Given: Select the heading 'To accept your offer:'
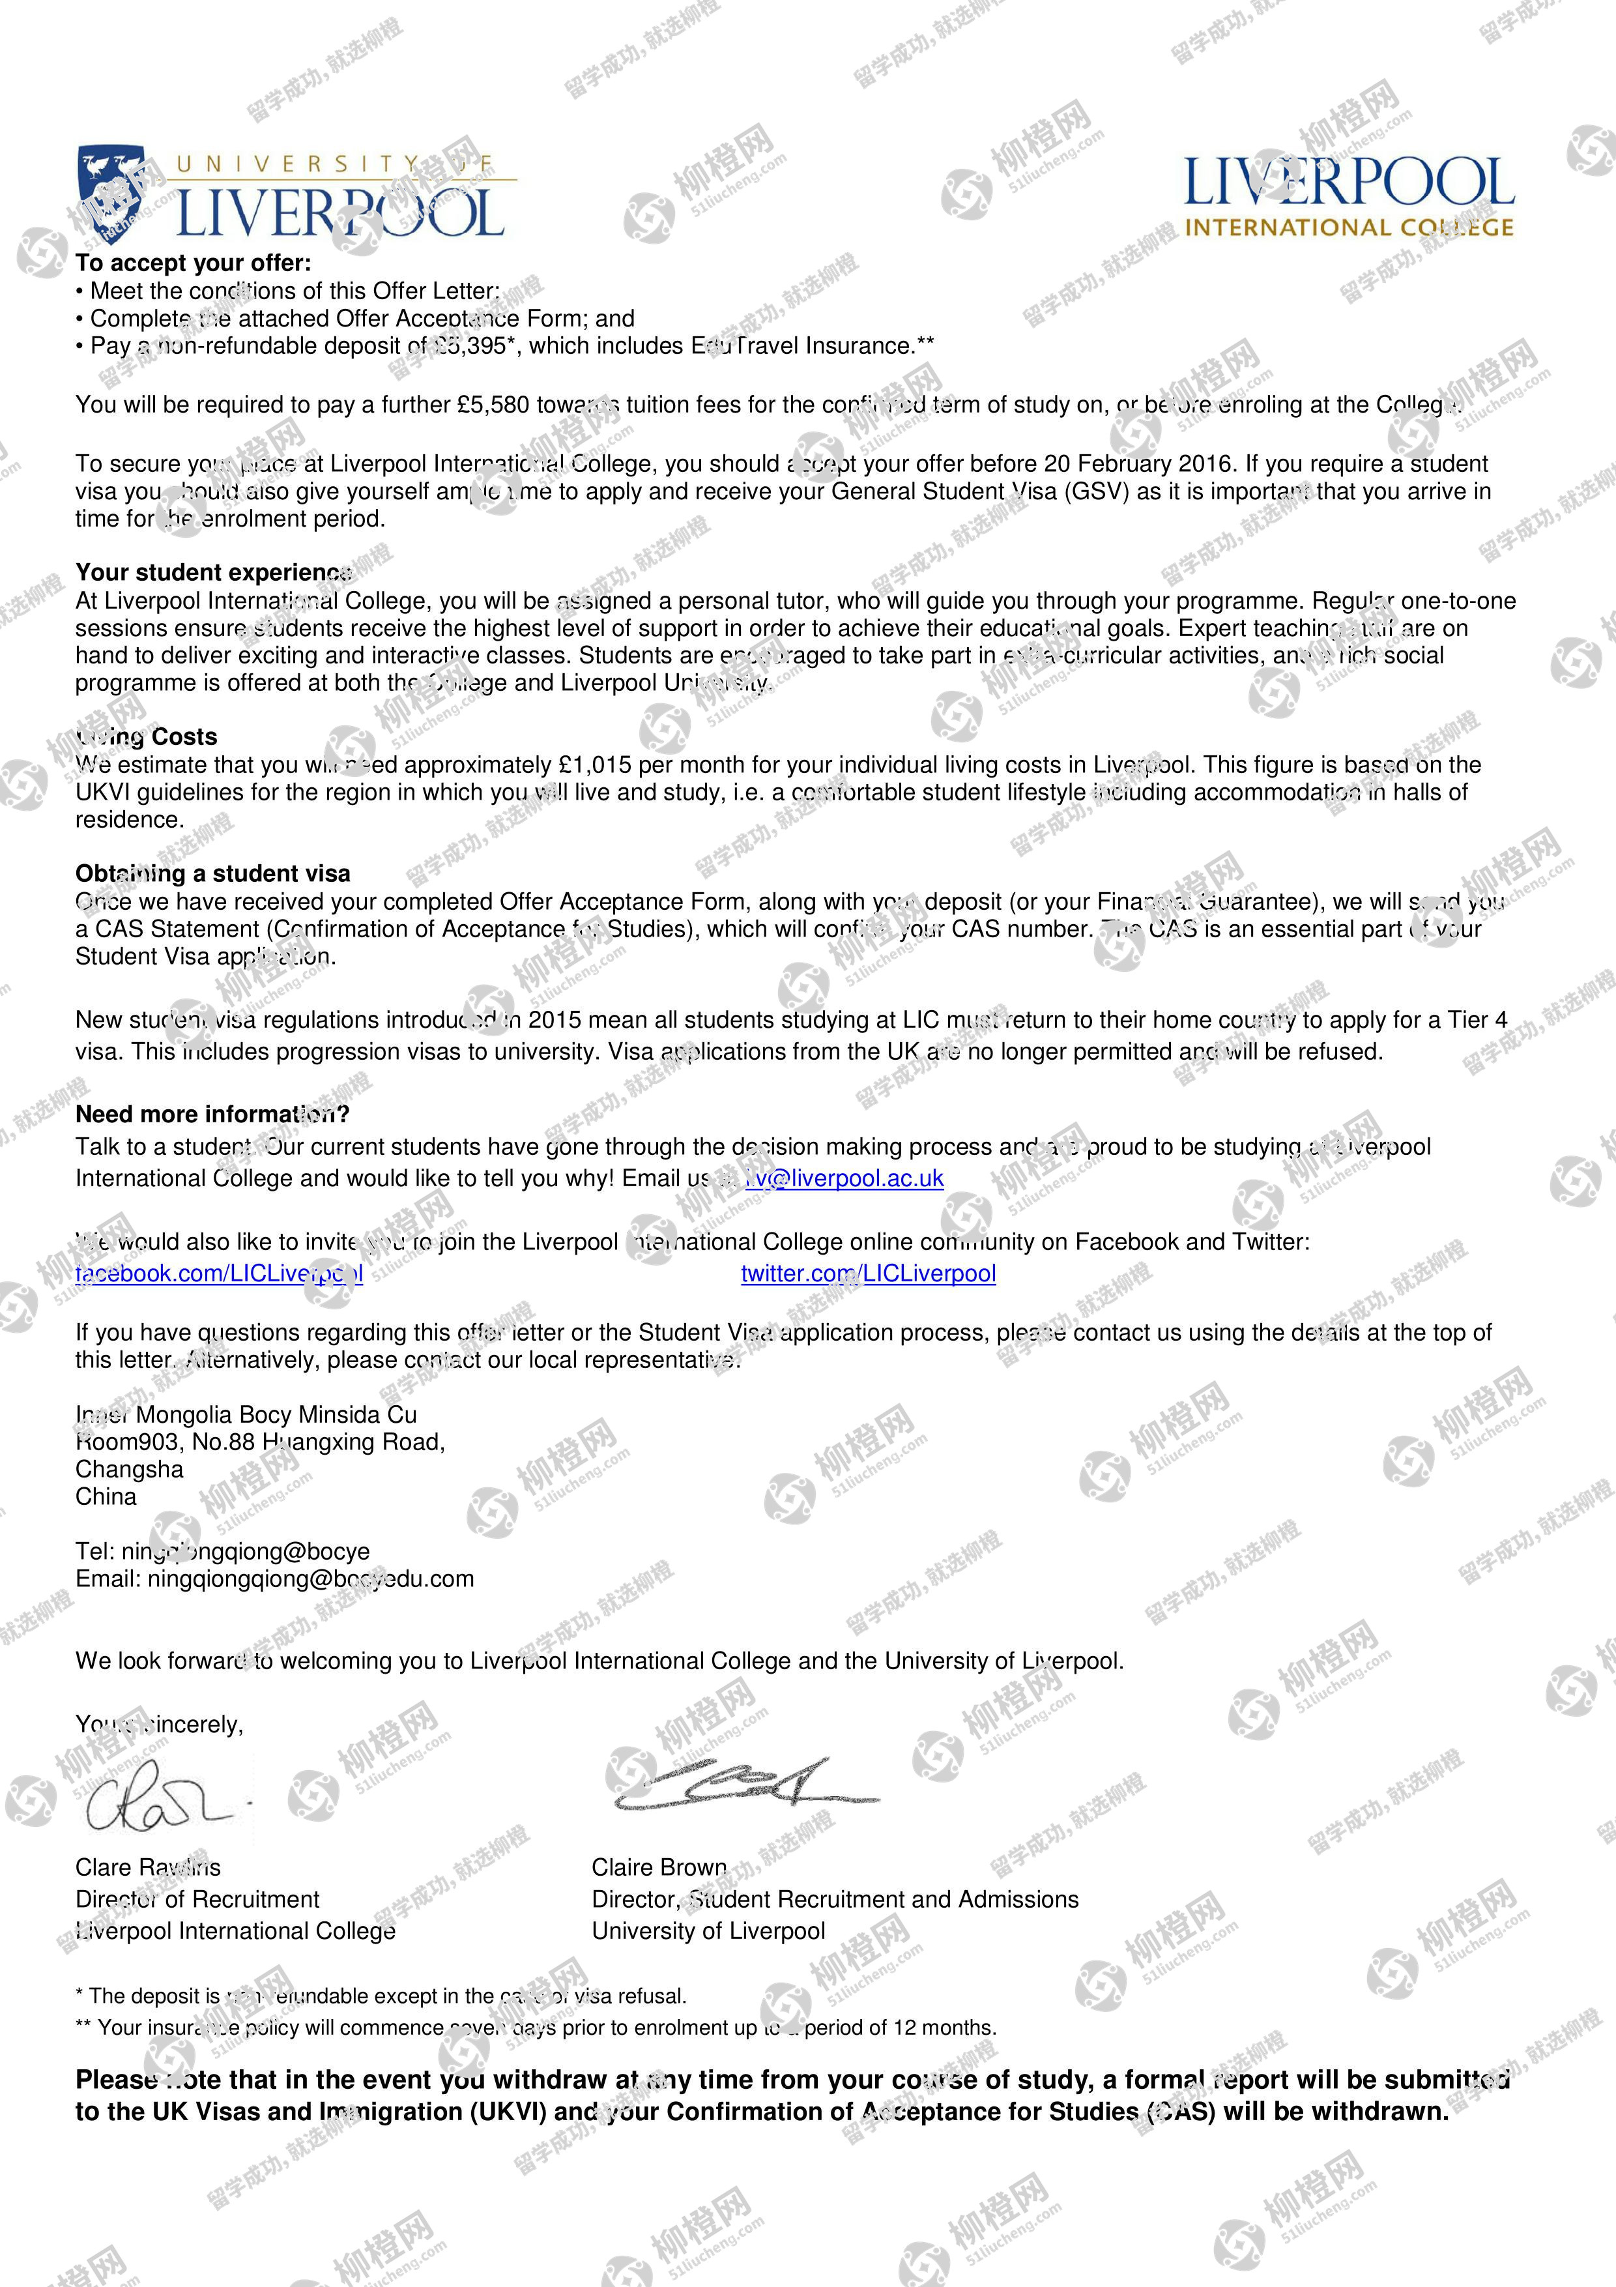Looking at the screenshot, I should pos(193,263).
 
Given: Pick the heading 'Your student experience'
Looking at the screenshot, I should pos(213,573).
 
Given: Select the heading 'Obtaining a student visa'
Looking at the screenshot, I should pos(213,873).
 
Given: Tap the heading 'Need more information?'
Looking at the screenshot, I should pos(212,1114).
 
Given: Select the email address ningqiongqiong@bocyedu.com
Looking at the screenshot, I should pos(311,1579).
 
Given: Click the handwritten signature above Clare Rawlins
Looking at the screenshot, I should pos(159,1803).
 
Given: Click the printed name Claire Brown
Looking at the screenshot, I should pos(659,1868).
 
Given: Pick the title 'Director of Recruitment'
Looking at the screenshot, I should pos(197,1899).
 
